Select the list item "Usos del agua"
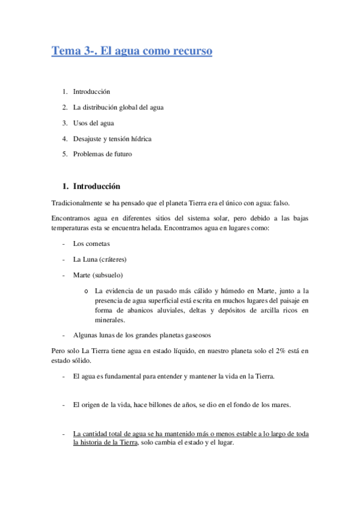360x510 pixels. tap(93, 123)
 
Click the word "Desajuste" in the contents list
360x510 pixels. tap(88, 138)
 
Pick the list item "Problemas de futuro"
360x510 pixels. tap(102, 154)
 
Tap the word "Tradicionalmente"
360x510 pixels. tap(78, 206)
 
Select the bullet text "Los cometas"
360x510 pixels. tap(91, 244)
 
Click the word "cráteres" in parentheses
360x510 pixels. tap(112, 259)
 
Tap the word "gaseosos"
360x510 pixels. tap(197, 335)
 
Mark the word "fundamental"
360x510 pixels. tap(121, 376)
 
